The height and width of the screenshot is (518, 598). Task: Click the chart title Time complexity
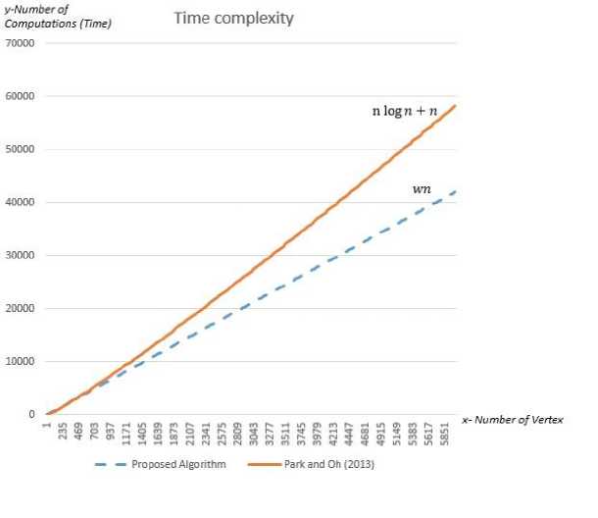(233, 19)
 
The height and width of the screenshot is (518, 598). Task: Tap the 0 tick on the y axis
(32, 414)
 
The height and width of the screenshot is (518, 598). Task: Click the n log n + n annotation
(410, 111)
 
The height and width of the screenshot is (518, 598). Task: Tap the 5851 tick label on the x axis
(445, 434)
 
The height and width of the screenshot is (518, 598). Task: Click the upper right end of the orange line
(456, 106)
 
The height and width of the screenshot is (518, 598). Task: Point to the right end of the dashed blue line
(456, 190)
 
